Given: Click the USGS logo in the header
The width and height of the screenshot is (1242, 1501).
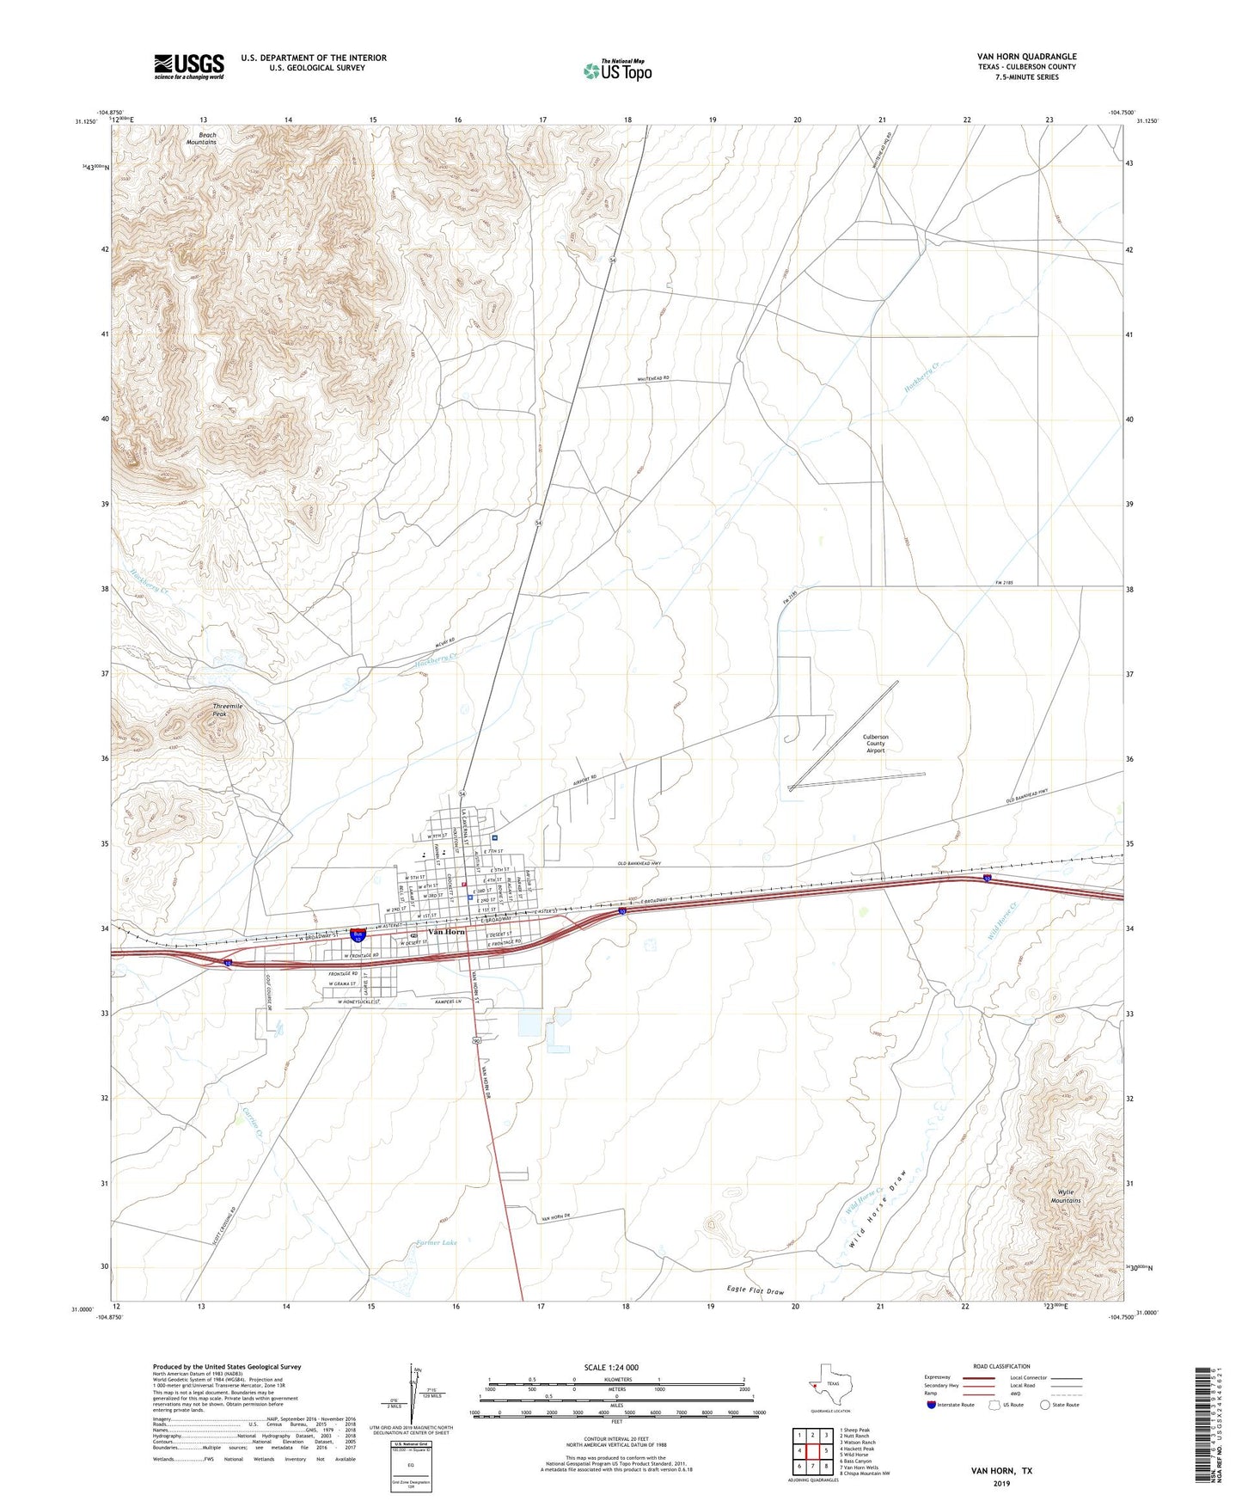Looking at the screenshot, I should coord(189,66).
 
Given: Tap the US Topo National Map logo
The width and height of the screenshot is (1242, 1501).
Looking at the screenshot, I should coord(617,70).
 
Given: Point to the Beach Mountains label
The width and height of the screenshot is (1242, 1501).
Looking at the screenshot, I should coord(202,138).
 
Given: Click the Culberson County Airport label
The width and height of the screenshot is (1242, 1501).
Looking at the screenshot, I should coord(875,744).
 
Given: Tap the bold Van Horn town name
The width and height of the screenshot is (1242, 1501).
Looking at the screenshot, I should coord(447,932).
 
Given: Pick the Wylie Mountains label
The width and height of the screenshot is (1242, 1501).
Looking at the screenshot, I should coord(1065,1197).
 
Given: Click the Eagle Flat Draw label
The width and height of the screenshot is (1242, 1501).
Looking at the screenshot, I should coord(755,1292).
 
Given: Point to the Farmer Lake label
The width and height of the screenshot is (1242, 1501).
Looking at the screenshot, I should coord(437,1242).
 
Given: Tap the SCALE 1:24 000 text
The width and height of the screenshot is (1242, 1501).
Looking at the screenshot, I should coord(611,1367).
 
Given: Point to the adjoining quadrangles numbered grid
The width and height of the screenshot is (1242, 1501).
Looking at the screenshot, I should coord(812,1450).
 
